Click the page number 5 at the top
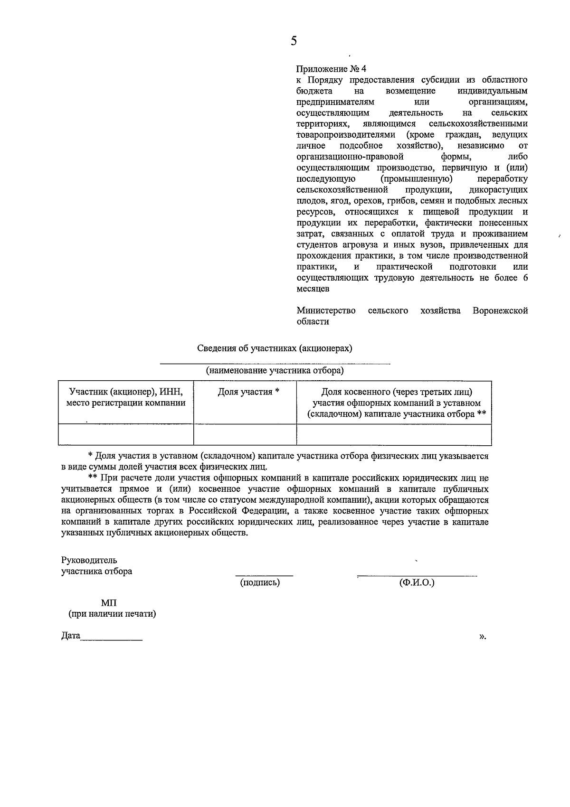pyautogui.click(x=294, y=41)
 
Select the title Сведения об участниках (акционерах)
pyautogui.click(x=275, y=348)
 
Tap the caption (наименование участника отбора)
pyautogui.click(x=275, y=371)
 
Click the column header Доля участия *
pyautogui.click(x=248, y=392)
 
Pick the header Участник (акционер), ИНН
pyautogui.click(x=126, y=392)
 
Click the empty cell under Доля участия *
pyautogui.click(x=245, y=434)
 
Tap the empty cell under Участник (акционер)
pyautogui.click(x=126, y=434)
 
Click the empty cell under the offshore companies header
pyautogui.click(x=394, y=434)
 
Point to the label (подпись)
pyautogui.click(x=260, y=582)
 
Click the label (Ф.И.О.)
pyautogui.click(x=417, y=582)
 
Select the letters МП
pyautogui.click(x=109, y=603)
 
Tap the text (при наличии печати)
pyautogui.click(x=112, y=614)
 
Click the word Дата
pyautogui.click(x=71, y=636)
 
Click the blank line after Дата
pyautogui.click(x=112, y=638)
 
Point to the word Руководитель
pyautogui.click(x=89, y=560)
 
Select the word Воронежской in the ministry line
pyautogui.click(x=500, y=310)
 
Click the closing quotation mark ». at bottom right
pyautogui.click(x=483, y=636)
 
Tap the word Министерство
pyautogui.click(x=326, y=310)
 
